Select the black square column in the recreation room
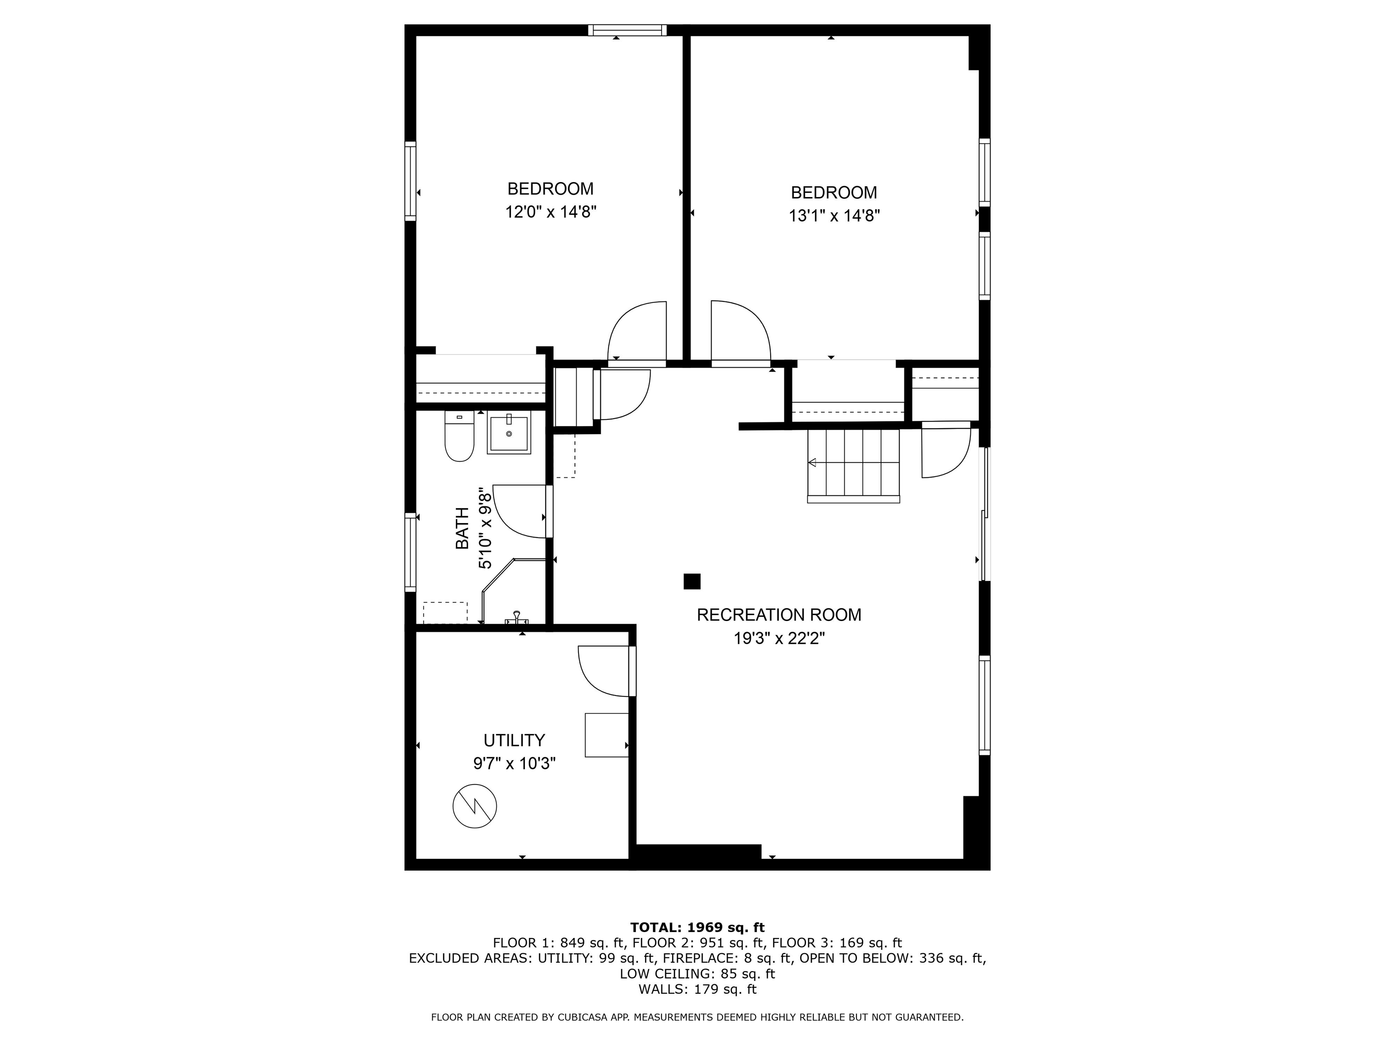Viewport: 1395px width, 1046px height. coord(692,581)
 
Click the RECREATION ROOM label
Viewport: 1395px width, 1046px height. coord(778,615)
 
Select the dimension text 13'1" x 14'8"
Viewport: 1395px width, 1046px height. coord(834,216)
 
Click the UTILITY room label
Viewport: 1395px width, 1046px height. coord(514,740)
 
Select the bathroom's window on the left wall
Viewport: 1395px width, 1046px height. coord(411,553)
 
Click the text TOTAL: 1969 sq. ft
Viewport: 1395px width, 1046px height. coord(697,928)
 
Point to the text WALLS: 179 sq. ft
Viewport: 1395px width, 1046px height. coord(697,989)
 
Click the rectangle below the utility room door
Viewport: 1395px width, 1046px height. coord(606,735)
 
